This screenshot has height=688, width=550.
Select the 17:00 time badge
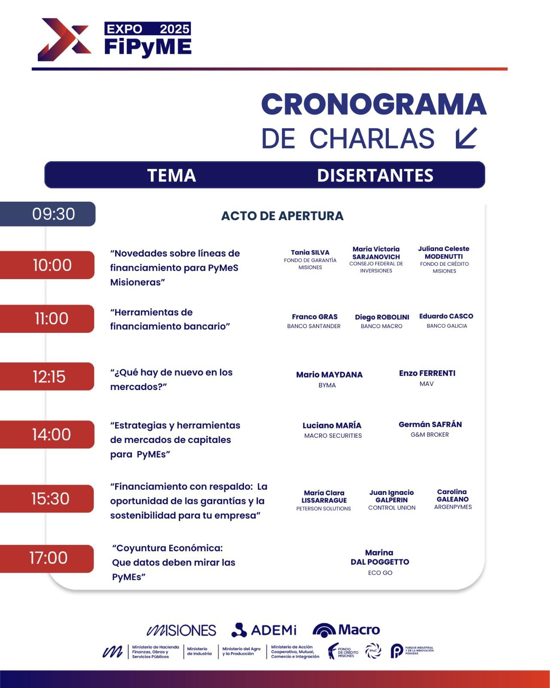click(48, 558)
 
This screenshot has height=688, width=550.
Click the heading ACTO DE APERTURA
click(282, 216)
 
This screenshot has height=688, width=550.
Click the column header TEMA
click(171, 175)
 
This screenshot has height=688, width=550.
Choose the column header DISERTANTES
click(375, 175)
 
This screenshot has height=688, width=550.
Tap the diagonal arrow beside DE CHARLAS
click(466, 138)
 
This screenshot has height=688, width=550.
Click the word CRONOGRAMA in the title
click(374, 104)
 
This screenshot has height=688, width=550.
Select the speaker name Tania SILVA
click(310, 252)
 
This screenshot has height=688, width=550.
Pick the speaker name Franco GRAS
click(315, 317)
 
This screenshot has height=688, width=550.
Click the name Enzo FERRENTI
click(427, 373)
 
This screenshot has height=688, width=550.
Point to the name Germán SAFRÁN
click(430, 424)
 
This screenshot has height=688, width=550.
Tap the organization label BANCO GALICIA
click(447, 326)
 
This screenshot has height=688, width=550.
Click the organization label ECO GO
click(380, 573)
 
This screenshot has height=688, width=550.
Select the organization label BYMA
click(327, 385)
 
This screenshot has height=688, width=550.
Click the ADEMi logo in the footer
click(264, 630)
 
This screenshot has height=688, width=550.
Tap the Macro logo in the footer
click(346, 630)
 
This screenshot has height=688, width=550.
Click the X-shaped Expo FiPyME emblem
click(64, 40)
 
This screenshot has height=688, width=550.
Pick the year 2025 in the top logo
click(174, 29)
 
